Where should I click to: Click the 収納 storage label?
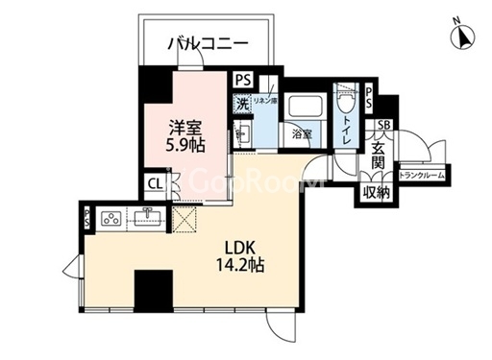pos(376,192)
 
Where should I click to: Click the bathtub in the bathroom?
pos(305,108)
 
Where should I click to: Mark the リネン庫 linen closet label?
pos(265,100)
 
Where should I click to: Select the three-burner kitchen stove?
pos(110,216)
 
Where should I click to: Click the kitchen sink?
pos(148,217)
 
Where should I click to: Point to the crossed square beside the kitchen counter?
pos(184,219)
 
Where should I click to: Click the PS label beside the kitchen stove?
pos(86,216)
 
